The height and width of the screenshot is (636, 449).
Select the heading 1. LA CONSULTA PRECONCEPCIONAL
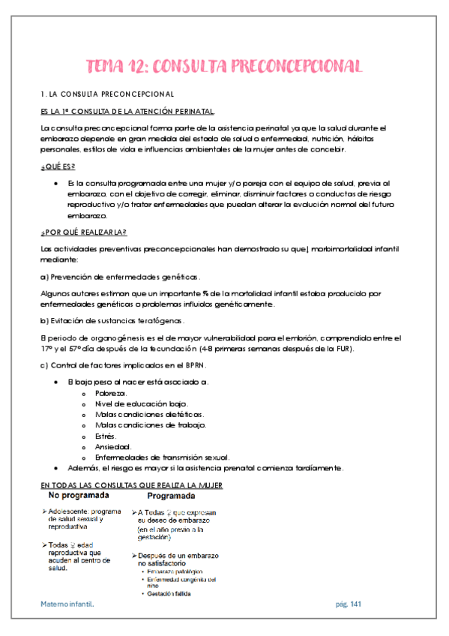pos(107,94)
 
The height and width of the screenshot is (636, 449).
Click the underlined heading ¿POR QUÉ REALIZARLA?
pos(83,232)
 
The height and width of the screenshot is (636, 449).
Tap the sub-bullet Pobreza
pos(111,393)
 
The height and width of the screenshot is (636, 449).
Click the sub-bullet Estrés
pos(106,436)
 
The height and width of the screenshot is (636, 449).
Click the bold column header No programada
pos(82,496)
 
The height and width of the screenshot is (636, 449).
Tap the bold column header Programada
pos(172,496)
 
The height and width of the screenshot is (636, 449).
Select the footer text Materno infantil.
pos(67,604)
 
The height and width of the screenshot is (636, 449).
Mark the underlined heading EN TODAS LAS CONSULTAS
pos(131,485)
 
